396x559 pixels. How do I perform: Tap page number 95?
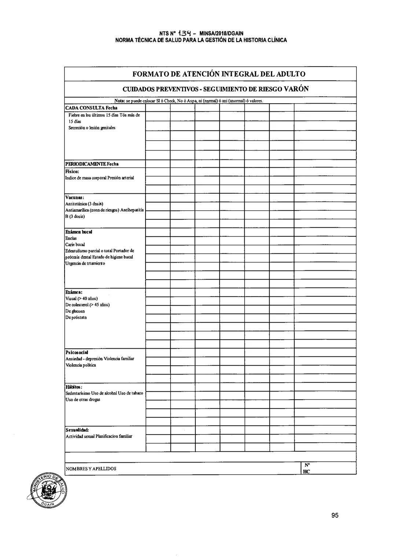(334, 515)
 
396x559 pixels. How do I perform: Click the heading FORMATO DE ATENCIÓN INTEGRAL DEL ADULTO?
(219, 74)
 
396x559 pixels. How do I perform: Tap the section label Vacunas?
(74, 197)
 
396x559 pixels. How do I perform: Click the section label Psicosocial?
(77, 352)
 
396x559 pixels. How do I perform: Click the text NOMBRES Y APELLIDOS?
(91, 469)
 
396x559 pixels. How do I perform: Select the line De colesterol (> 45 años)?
(87, 305)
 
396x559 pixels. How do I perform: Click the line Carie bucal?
(75, 244)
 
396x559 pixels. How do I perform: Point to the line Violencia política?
(81, 365)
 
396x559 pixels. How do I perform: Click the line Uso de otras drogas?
(82, 400)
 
